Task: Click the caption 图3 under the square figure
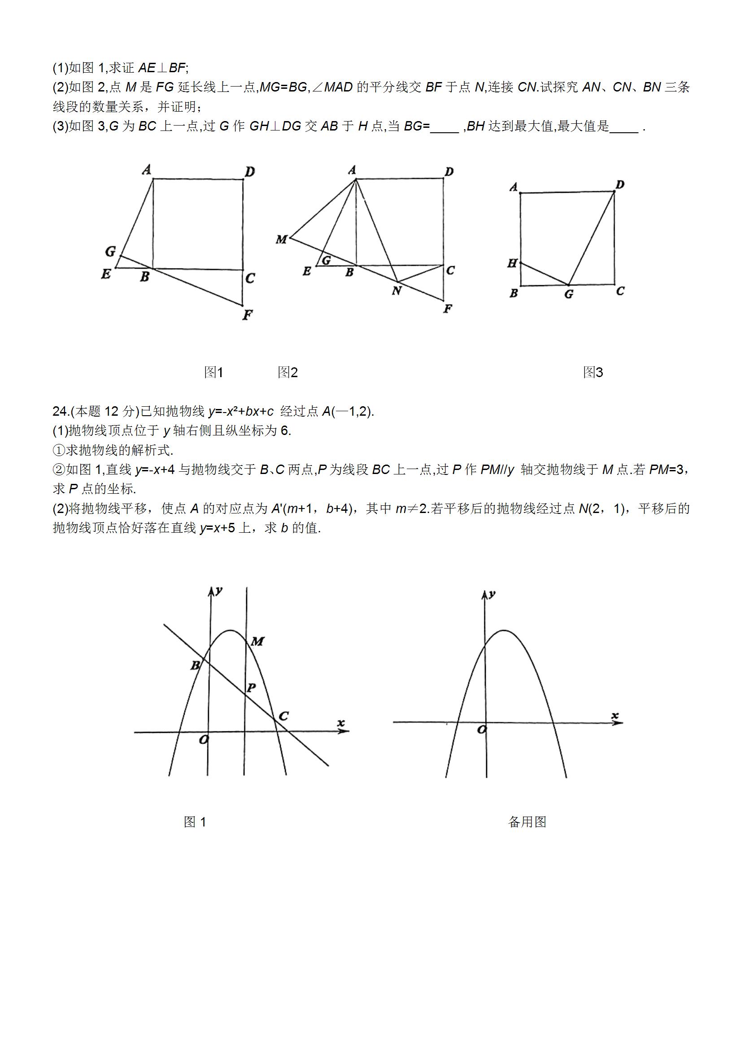[593, 373]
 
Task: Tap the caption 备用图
[527, 822]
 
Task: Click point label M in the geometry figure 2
[281, 239]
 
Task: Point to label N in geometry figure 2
[397, 290]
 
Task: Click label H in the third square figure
[512, 263]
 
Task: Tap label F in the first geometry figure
[248, 314]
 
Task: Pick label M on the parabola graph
[257, 641]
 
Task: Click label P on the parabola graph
[251, 687]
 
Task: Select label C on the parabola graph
[283, 716]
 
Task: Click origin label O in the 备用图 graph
[481, 730]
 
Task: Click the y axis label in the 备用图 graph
[492, 594]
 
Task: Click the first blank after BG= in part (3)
[445, 126]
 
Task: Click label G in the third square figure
[568, 295]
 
